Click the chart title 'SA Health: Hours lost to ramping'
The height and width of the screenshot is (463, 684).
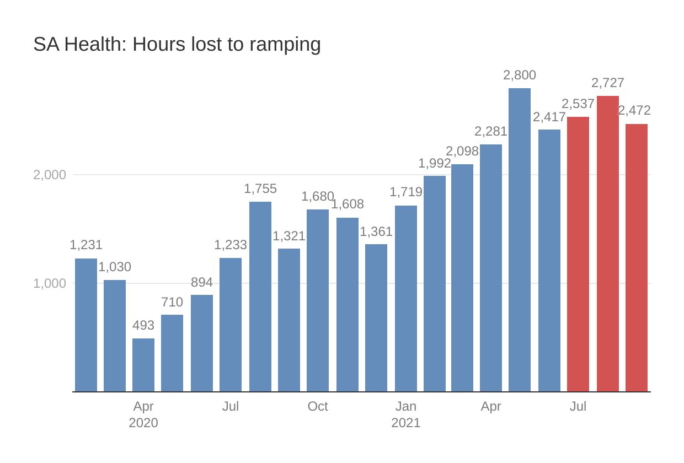pyautogui.click(x=177, y=44)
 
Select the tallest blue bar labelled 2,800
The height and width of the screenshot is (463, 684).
pyautogui.click(x=520, y=240)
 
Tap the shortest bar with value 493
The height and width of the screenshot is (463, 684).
pyautogui.click(x=143, y=365)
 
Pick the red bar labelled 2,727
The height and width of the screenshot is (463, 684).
pyautogui.click(x=608, y=244)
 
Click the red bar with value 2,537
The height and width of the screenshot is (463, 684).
pyautogui.click(x=578, y=254)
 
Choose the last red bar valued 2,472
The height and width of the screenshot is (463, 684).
pyautogui.click(x=637, y=257)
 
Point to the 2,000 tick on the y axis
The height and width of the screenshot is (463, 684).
pyautogui.click(x=50, y=175)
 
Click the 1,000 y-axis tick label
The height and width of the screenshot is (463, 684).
pyautogui.click(x=50, y=283)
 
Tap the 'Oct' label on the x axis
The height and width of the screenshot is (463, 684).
pyautogui.click(x=318, y=406)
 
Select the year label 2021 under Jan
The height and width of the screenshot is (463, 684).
pyautogui.click(x=406, y=423)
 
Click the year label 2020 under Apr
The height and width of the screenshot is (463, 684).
pyautogui.click(x=143, y=423)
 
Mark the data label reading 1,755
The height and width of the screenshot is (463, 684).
pyautogui.click(x=260, y=189)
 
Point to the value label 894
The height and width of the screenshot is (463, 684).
pyautogui.click(x=202, y=282)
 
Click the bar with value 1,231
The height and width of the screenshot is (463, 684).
pyautogui.click(x=86, y=325)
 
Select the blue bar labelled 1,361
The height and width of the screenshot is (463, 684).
pyautogui.click(x=376, y=318)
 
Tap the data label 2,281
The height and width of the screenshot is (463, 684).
pyautogui.click(x=491, y=131)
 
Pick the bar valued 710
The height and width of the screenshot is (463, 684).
pyautogui.click(x=172, y=353)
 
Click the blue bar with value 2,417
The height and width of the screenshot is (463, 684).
pyautogui.click(x=549, y=261)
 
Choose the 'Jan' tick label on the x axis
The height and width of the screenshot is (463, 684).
pyautogui.click(x=406, y=406)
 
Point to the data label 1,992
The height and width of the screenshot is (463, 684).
pyautogui.click(x=435, y=163)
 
